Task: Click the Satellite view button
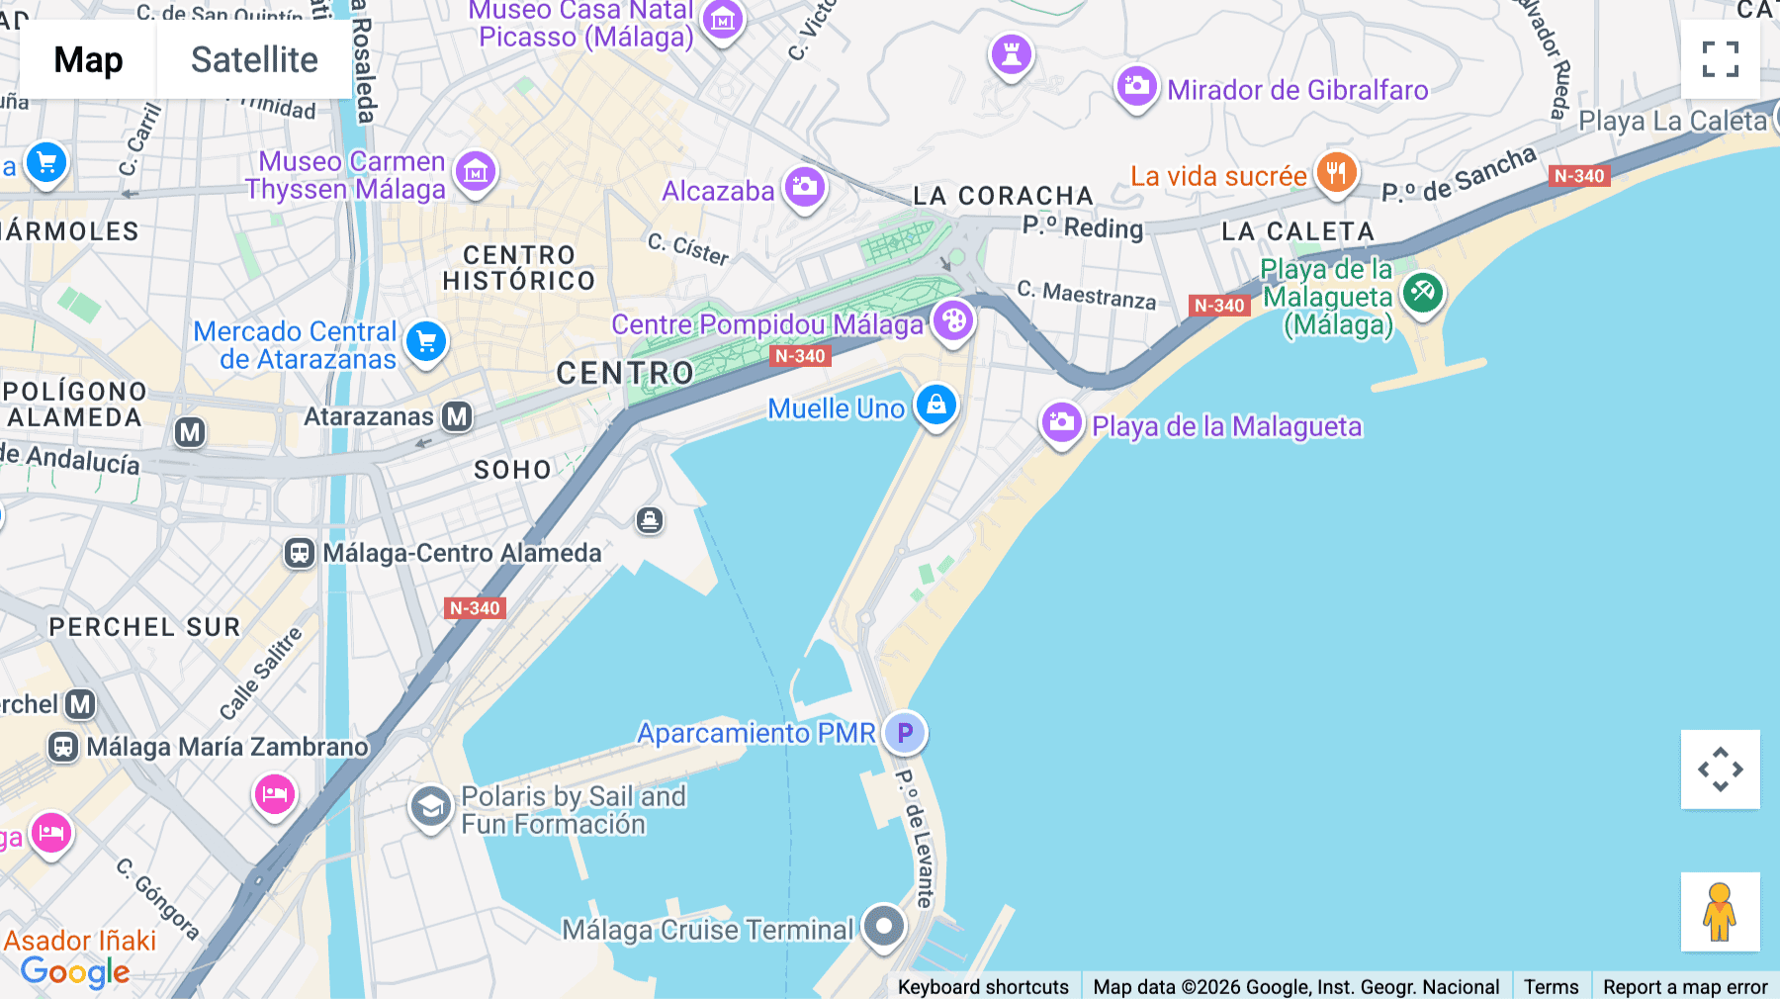point(254,59)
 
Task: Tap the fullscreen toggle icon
point(1720,59)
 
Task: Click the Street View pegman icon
point(1720,911)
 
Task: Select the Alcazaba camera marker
point(805,187)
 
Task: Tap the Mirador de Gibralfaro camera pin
point(1137,86)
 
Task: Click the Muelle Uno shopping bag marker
point(935,405)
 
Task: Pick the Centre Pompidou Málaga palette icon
point(953,321)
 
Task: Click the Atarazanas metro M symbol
point(457,416)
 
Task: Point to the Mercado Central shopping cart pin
point(426,342)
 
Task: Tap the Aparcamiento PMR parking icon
point(905,733)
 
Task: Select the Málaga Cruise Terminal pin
point(883,927)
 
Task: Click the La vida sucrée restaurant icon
point(1336,173)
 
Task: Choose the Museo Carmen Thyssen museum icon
point(476,172)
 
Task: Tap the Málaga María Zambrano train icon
point(63,747)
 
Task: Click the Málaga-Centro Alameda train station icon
point(300,553)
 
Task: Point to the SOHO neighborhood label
point(512,470)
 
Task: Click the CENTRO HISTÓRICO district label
point(519,268)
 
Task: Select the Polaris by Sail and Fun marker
point(431,807)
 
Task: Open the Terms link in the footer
point(1551,986)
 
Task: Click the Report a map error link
point(1685,986)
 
